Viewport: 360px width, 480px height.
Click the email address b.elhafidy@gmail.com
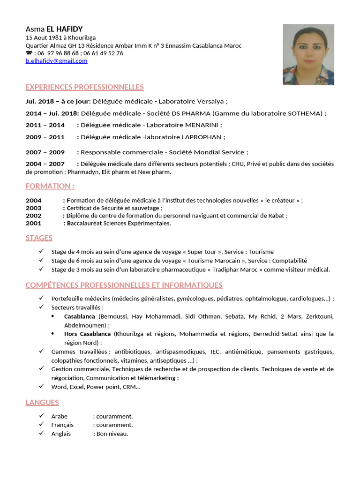(56, 61)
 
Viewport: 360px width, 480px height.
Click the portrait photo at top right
(308, 54)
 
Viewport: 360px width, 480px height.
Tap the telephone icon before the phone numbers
(29, 53)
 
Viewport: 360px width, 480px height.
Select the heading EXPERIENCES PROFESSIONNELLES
(84, 87)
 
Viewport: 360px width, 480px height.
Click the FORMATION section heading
(50, 186)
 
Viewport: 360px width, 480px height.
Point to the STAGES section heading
(39, 238)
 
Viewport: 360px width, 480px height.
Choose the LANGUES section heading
(42, 402)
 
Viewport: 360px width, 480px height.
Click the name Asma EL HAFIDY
(54, 29)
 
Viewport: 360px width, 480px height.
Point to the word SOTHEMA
(305, 113)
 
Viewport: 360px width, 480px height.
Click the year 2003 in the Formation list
(33, 208)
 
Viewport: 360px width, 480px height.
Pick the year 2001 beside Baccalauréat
(33, 223)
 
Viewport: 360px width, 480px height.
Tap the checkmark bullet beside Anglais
(42, 434)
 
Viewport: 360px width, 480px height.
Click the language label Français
(62, 425)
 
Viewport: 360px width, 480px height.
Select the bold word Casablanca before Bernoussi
(79, 317)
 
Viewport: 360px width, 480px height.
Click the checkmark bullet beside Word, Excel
(42, 387)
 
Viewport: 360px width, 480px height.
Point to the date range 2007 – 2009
(45, 152)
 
